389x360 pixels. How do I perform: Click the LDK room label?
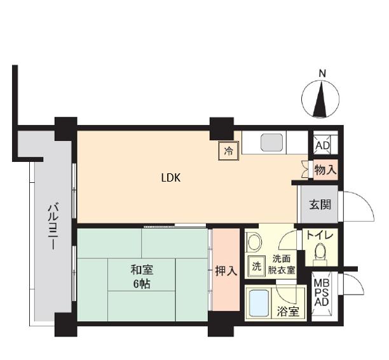pyautogui.click(x=171, y=178)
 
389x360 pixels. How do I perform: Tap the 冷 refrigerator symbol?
pyautogui.click(x=228, y=151)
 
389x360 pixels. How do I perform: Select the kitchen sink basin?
pyautogui.click(x=271, y=142)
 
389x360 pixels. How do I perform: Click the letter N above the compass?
pyautogui.click(x=322, y=74)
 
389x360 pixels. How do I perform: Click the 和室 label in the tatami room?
pyautogui.click(x=142, y=270)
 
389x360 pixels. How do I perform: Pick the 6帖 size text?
pyautogui.click(x=142, y=284)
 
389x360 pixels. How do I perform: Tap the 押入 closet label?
pyautogui.click(x=226, y=271)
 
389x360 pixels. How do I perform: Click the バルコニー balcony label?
pyautogui.click(x=53, y=227)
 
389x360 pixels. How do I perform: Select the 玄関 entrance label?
pyautogui.click(x=320, y=205)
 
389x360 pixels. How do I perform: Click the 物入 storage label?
pyautogui.click(x=325, y=170)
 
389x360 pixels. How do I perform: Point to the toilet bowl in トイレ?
pyautogui.click(x=320, y=251)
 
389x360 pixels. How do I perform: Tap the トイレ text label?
pyautogui.click(x=320, y=235)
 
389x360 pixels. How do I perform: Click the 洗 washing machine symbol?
pyautogui.click(x=257, y=266)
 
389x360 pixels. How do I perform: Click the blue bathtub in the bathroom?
pyautogui.click(x=259, y=303)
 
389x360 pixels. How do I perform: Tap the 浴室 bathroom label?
pyautogui.click(x=288, y=312)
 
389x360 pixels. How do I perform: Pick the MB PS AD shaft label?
pyautogui.click(x=322, y=292)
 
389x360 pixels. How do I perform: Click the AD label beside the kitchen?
pyautogui.click(x=322, y=145)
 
